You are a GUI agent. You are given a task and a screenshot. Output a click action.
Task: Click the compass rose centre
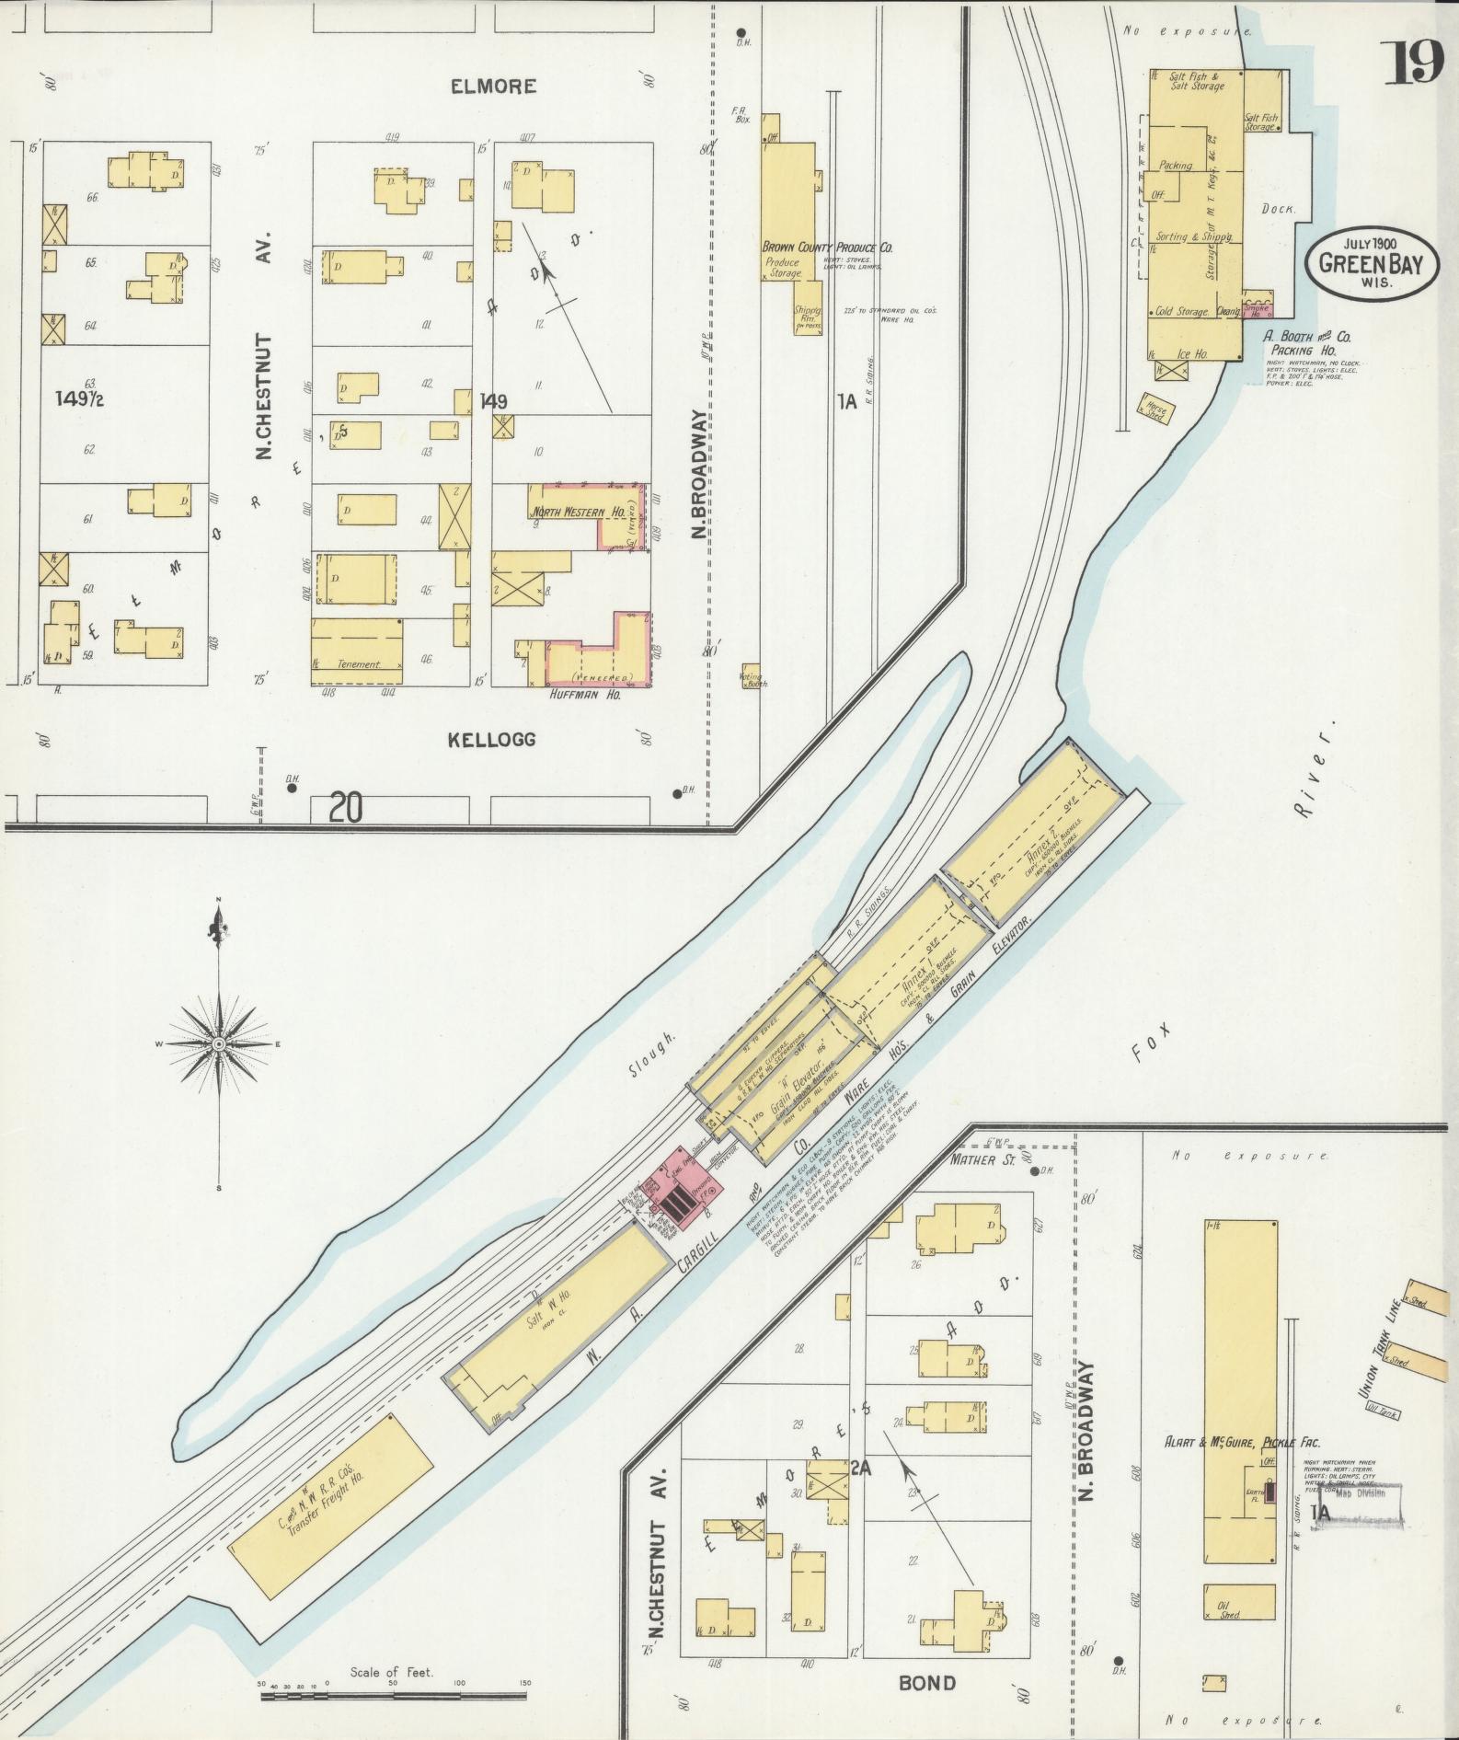point(219,1044)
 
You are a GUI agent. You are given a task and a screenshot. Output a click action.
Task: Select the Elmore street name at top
point(493,86)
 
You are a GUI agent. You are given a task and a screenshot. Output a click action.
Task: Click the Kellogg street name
point(492,739)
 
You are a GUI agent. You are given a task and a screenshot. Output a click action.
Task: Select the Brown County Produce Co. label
point(827,248)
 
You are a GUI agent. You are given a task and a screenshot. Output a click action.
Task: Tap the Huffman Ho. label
point(586,696)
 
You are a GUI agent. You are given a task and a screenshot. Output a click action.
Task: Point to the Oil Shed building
point(1238,1604)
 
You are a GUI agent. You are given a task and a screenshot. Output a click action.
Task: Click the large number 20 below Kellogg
point(346,809)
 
